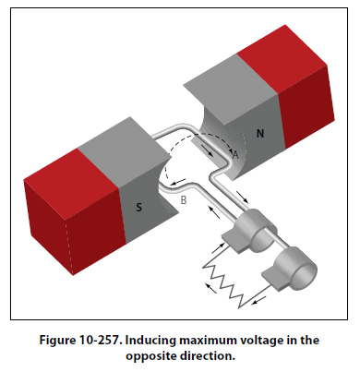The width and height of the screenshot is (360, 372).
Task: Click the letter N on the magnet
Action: click(x=260, y=133)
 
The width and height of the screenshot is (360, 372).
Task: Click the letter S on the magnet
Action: click(x=139, y=207)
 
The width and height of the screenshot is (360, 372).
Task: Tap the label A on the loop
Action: click(x=235, y=154)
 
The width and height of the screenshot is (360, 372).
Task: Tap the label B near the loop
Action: click(x=184, y=200)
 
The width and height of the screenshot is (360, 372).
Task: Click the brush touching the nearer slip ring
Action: click(x=234, y=242)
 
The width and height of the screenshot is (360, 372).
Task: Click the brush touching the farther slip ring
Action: click(x=275, y=278)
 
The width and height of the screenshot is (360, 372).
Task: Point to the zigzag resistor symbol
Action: click(x=224, y=283)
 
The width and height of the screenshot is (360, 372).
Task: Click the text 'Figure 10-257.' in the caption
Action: click(x=79, y=341)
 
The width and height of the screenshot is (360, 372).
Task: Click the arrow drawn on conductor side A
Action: click(x=207, y=150)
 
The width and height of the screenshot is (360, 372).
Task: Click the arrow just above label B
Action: click(x=178, y=182)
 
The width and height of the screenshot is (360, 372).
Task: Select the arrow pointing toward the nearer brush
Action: click(x=219, y=247)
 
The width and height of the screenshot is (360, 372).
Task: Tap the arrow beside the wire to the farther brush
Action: click(x=259, y=300)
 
